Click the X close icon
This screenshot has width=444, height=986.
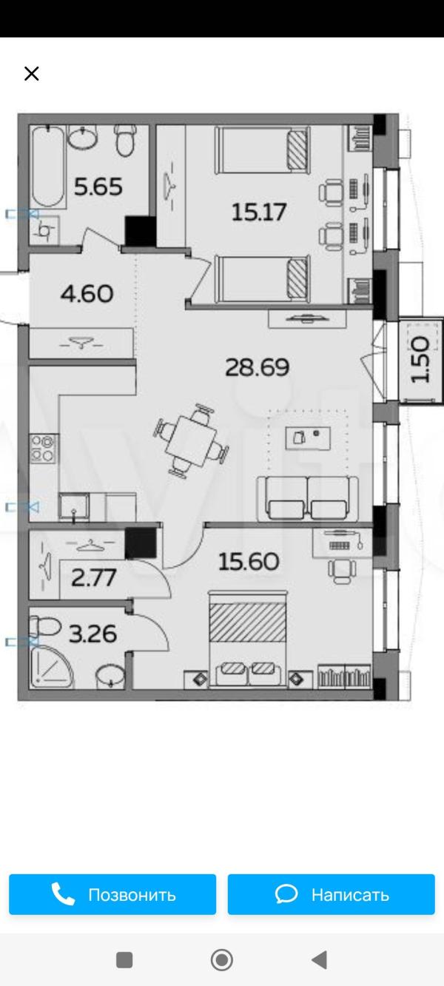(32, 73)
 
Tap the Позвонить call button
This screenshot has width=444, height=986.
(112, 894)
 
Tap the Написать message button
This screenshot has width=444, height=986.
(332, 894)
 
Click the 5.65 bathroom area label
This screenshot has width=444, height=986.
(98, 187)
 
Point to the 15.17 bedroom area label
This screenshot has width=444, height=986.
(259, 212)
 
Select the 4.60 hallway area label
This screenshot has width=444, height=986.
(87, 294)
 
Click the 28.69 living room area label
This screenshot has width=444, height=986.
(258, 367)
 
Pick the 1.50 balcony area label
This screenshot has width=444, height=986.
(420, 360)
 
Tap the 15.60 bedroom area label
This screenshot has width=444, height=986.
(249, 562)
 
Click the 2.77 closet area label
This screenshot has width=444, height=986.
(94, 577)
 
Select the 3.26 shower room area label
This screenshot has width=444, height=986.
(93, 634)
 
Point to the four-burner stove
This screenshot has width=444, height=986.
(43, 449)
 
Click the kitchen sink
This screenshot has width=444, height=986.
(74, 506)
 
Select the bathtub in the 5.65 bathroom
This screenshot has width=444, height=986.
(48, 167)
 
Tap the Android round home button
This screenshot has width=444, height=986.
(222, 960)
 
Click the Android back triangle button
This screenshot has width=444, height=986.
(319, 960)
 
